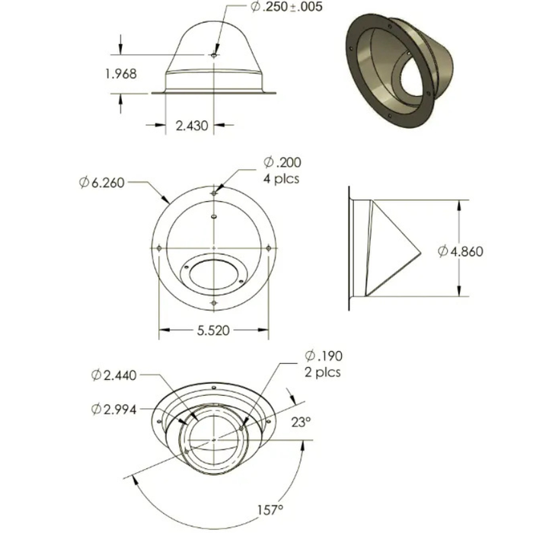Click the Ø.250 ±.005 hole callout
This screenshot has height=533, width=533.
[286, 7]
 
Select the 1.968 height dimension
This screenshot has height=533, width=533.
[121, 74]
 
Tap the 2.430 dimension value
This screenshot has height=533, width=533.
[192, 126]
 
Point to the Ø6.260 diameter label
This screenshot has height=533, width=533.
[101, 183]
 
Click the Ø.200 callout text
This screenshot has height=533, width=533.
[282, 162]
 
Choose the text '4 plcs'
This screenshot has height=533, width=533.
[281, 179]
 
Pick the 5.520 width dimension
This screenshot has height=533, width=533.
[213, 330]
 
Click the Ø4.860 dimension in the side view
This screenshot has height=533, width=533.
[461, 251]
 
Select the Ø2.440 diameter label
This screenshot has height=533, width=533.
[114, 375]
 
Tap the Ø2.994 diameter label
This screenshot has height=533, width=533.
[114, 410]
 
